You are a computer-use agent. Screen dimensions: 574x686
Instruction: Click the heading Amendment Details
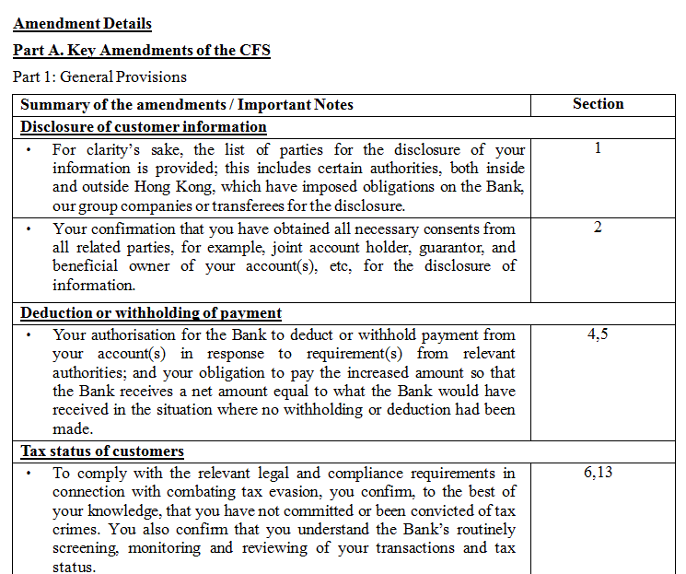click(83, 25)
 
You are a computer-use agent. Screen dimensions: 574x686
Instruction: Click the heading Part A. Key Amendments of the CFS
click(142, 51)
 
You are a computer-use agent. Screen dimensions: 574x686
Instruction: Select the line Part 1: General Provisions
click(99, 76)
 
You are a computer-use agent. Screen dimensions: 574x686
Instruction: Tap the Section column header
click(598, 104)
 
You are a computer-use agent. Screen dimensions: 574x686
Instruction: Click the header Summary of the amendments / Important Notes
click(187, 105)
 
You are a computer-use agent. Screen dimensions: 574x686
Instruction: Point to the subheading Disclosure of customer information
click(144, 127)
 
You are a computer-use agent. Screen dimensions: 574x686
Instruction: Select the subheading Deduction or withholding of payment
click(151, 313)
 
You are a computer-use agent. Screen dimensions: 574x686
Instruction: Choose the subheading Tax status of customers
click(102, 451)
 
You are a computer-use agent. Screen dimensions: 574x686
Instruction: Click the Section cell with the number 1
click(598, 147)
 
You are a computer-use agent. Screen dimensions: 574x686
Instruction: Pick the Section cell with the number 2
click(598, 228)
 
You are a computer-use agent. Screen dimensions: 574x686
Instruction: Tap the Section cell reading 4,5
click(598, 334)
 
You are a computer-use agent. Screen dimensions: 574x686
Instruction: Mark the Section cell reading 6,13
click(598, 473)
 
